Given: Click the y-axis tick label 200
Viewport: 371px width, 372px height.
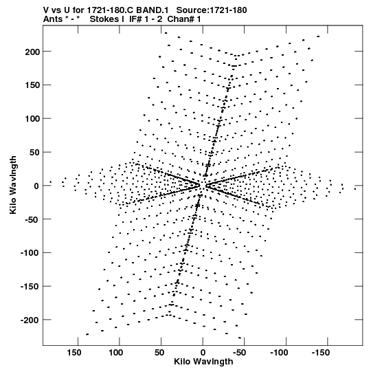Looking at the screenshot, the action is (x=32, y=52).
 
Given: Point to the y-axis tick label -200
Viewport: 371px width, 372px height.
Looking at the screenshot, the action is (x=30, y=320).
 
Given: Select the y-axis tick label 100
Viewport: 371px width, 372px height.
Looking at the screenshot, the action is (x=32, y=119).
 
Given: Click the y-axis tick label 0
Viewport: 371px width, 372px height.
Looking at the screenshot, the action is (x=36, y=186).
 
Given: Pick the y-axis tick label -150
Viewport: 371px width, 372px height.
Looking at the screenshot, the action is (x=30, y=287).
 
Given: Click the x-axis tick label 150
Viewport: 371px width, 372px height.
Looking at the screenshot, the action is (x=74, y=353).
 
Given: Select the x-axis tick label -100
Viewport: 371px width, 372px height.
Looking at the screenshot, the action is (x=279, y=353).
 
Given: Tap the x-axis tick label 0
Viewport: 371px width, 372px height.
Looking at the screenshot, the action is (x=203, y=353).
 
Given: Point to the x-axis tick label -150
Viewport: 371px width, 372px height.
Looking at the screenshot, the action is (x=321, y=353).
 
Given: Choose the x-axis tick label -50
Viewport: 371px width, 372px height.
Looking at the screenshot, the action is (x=240, y=353).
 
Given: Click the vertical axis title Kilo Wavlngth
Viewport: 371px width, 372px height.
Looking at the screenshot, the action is (x=13, y=185).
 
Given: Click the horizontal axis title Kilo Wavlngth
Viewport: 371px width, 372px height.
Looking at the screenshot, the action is (x=203, y=362).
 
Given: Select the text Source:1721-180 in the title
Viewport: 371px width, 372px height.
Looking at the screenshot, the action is (x=212, y=10).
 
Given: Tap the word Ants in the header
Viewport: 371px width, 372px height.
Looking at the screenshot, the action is (x=52, y=19).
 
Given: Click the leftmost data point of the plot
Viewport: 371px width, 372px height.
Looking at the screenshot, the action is (x=50, y=182).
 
